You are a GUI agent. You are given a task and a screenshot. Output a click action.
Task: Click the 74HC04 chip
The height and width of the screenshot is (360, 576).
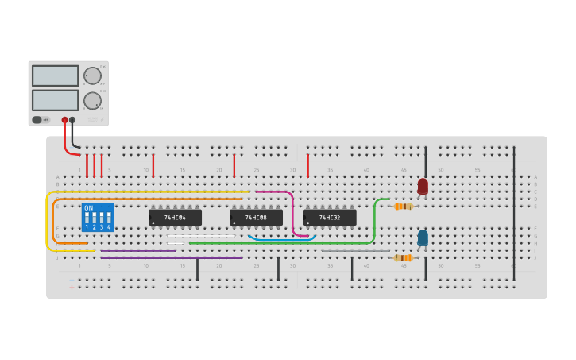175,217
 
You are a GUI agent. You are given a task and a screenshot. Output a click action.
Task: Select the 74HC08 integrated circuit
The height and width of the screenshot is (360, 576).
256,217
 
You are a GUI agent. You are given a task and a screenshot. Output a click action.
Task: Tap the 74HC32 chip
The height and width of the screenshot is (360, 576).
330,217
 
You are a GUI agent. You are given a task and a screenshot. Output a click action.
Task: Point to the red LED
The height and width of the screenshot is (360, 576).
423,186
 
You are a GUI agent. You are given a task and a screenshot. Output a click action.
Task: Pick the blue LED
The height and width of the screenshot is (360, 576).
423,237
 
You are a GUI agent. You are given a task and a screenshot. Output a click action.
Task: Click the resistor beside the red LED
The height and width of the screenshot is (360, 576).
403,207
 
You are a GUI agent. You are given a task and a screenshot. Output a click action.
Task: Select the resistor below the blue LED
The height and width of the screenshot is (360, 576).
403,257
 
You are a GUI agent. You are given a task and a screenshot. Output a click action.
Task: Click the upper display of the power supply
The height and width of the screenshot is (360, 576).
55,75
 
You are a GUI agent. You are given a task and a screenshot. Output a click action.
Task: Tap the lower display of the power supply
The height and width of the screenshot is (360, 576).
55,100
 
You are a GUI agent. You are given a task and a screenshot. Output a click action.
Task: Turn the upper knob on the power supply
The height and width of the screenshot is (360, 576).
93,75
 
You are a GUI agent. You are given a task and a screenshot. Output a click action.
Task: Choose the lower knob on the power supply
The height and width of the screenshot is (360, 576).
93,101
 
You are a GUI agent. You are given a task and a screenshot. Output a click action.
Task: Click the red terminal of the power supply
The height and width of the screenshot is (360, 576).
65,120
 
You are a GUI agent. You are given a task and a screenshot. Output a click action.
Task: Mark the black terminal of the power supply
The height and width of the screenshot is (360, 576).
73,120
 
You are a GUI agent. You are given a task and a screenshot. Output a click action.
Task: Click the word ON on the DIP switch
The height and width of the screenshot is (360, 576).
88,208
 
